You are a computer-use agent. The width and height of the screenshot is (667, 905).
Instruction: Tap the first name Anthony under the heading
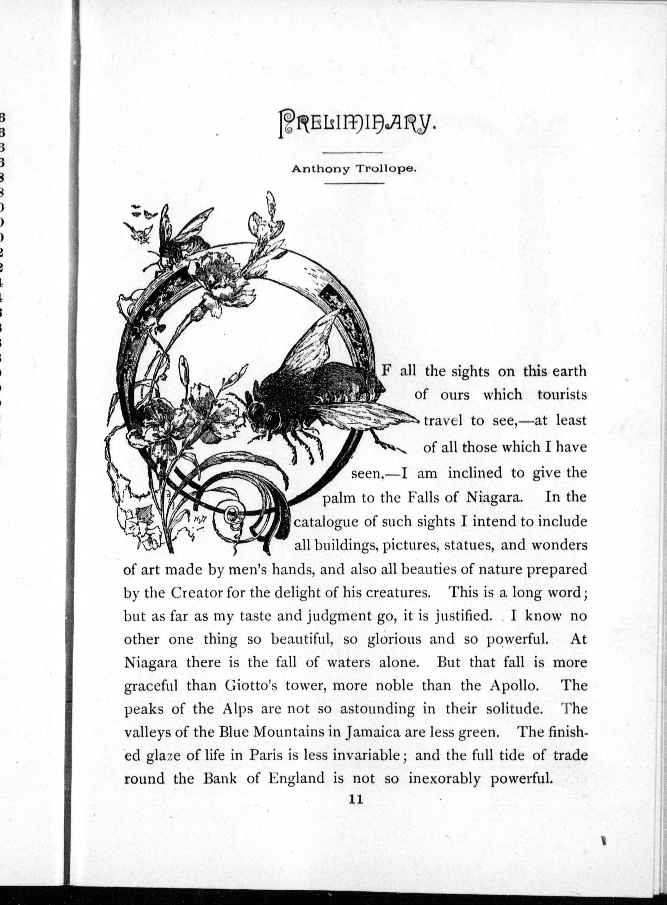[320, 170]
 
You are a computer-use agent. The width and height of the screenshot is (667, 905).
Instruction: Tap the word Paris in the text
[266, 755]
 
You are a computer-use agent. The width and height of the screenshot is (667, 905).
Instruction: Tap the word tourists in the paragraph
[562, 395]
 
